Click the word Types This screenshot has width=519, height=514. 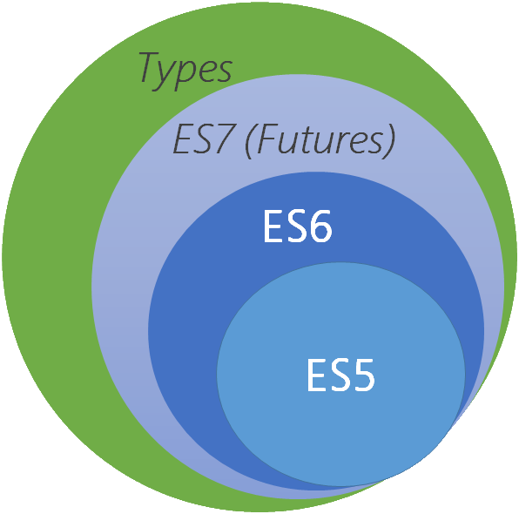[x=185, y=69]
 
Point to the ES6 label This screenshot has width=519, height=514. [x=297, y=227]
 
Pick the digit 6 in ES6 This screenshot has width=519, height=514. [x=320, y=227]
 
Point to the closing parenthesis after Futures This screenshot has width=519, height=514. [x=389, y=139]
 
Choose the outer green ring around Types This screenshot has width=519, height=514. [x=44, y=261]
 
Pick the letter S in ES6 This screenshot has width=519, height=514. [x=297, y=227]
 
